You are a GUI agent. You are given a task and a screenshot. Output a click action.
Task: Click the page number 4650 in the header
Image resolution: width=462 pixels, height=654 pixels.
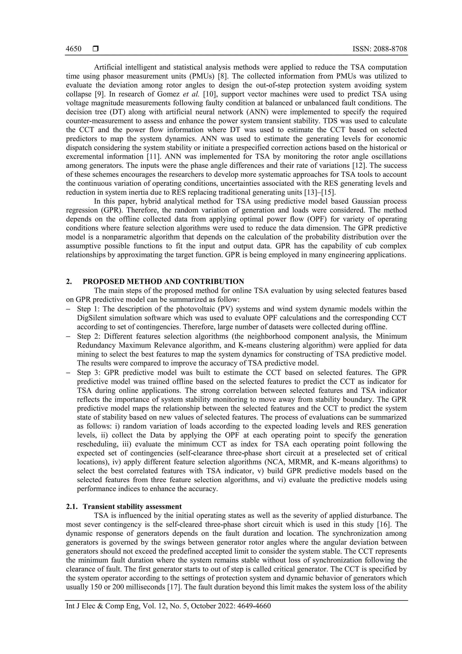(x=74, y=49)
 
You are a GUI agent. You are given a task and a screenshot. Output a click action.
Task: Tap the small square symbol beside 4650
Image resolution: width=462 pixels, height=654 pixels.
(x=96, y=49)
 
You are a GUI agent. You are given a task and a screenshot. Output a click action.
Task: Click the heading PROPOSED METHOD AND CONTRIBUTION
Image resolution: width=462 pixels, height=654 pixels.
(x=163, y=282)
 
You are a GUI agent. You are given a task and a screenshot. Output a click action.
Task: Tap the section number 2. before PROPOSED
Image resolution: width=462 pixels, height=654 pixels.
(x=69, y=282)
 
